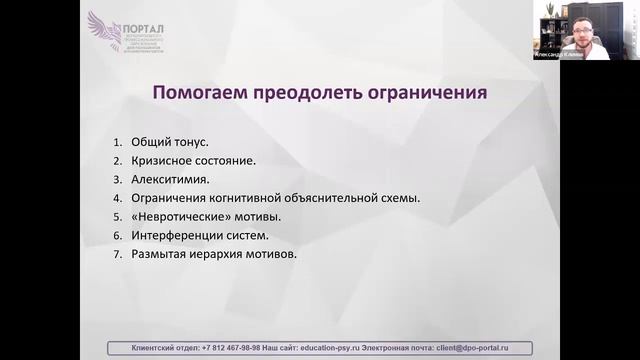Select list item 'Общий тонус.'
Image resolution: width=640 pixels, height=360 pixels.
click(169, 142)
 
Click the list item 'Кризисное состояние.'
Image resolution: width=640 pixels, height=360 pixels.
click(193, 160)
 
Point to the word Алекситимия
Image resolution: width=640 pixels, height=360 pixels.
click(170, 179)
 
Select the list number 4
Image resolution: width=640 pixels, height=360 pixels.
click(117, 198)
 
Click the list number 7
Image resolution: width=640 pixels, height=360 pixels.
click(117, 254)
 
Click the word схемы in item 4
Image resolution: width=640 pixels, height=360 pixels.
click(400, 198)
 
